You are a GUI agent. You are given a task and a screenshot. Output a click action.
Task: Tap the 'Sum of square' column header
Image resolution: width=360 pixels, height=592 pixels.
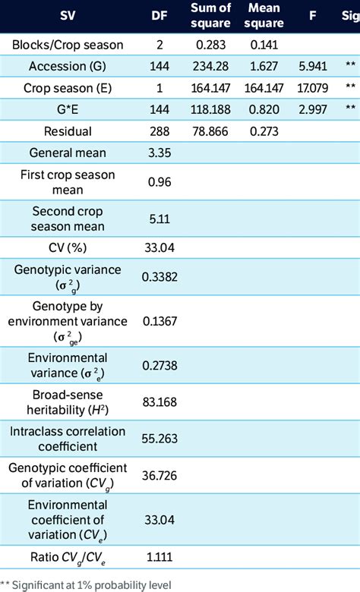point(214,14)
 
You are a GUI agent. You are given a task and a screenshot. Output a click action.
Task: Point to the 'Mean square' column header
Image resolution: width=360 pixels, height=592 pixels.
point(265,14)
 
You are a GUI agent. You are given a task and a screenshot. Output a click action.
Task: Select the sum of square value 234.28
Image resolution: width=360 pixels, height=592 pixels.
point(214,65)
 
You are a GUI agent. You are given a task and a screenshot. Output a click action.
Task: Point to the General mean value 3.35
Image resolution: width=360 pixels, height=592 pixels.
point(159,153)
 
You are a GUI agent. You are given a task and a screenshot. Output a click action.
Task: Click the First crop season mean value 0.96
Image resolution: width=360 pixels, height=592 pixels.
point(159,182)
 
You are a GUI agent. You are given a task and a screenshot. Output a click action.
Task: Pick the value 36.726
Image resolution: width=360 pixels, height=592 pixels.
point(160,477)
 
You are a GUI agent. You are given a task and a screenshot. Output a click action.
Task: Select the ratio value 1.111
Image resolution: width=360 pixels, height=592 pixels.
point(159,558)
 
